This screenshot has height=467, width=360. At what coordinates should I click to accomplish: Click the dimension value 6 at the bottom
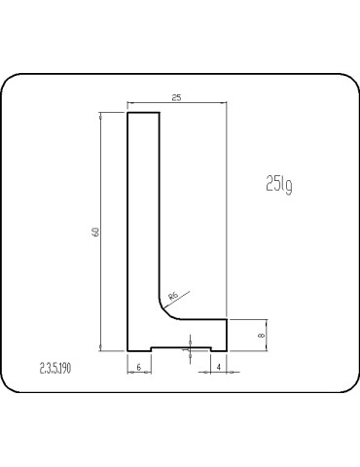click(x=139, y=366)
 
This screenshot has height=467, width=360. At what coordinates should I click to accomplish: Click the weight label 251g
click(x=277, y=183)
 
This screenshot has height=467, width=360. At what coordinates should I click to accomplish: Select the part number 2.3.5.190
click(x=61, y=368)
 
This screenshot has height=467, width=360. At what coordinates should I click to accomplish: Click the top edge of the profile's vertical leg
click(x=144, y=113)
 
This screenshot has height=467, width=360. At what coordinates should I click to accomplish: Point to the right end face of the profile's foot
click(x=228, y=334)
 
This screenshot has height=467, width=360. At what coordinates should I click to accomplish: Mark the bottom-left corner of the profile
click(x=129, y=350)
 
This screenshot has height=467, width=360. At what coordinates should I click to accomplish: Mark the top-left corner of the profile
click(x=129, y=113)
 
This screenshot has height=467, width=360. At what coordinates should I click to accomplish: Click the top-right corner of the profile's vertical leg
click(x=160, y=113)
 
